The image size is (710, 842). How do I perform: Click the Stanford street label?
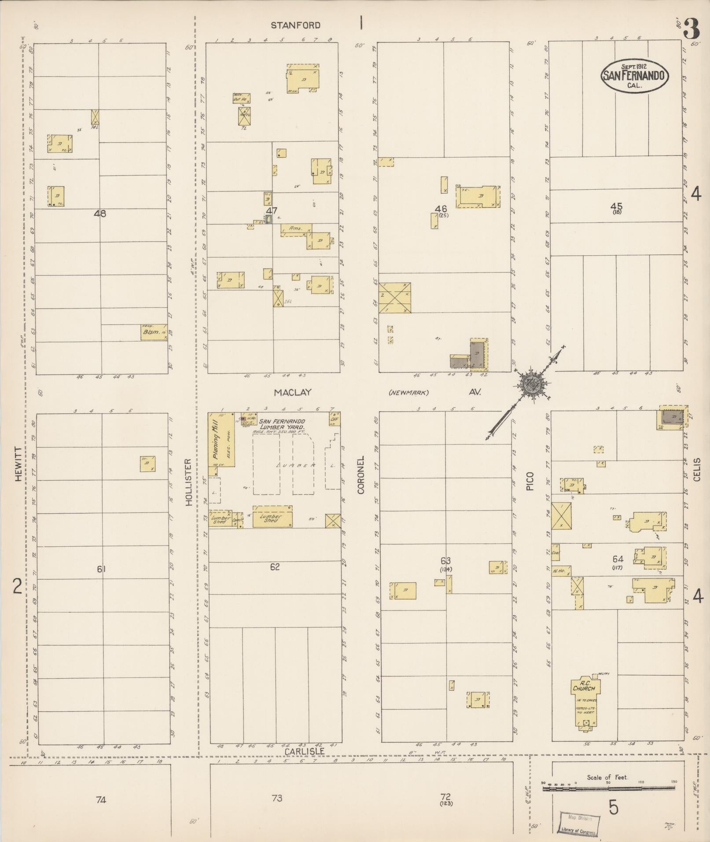295,26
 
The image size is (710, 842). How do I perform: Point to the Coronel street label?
361,475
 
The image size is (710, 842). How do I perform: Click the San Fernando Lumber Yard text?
282,424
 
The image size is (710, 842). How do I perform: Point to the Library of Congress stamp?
578,823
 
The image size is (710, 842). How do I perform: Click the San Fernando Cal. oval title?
634,76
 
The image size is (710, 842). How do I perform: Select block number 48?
100,214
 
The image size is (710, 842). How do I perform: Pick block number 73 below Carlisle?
276,798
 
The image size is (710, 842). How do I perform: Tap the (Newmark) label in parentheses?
409,393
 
